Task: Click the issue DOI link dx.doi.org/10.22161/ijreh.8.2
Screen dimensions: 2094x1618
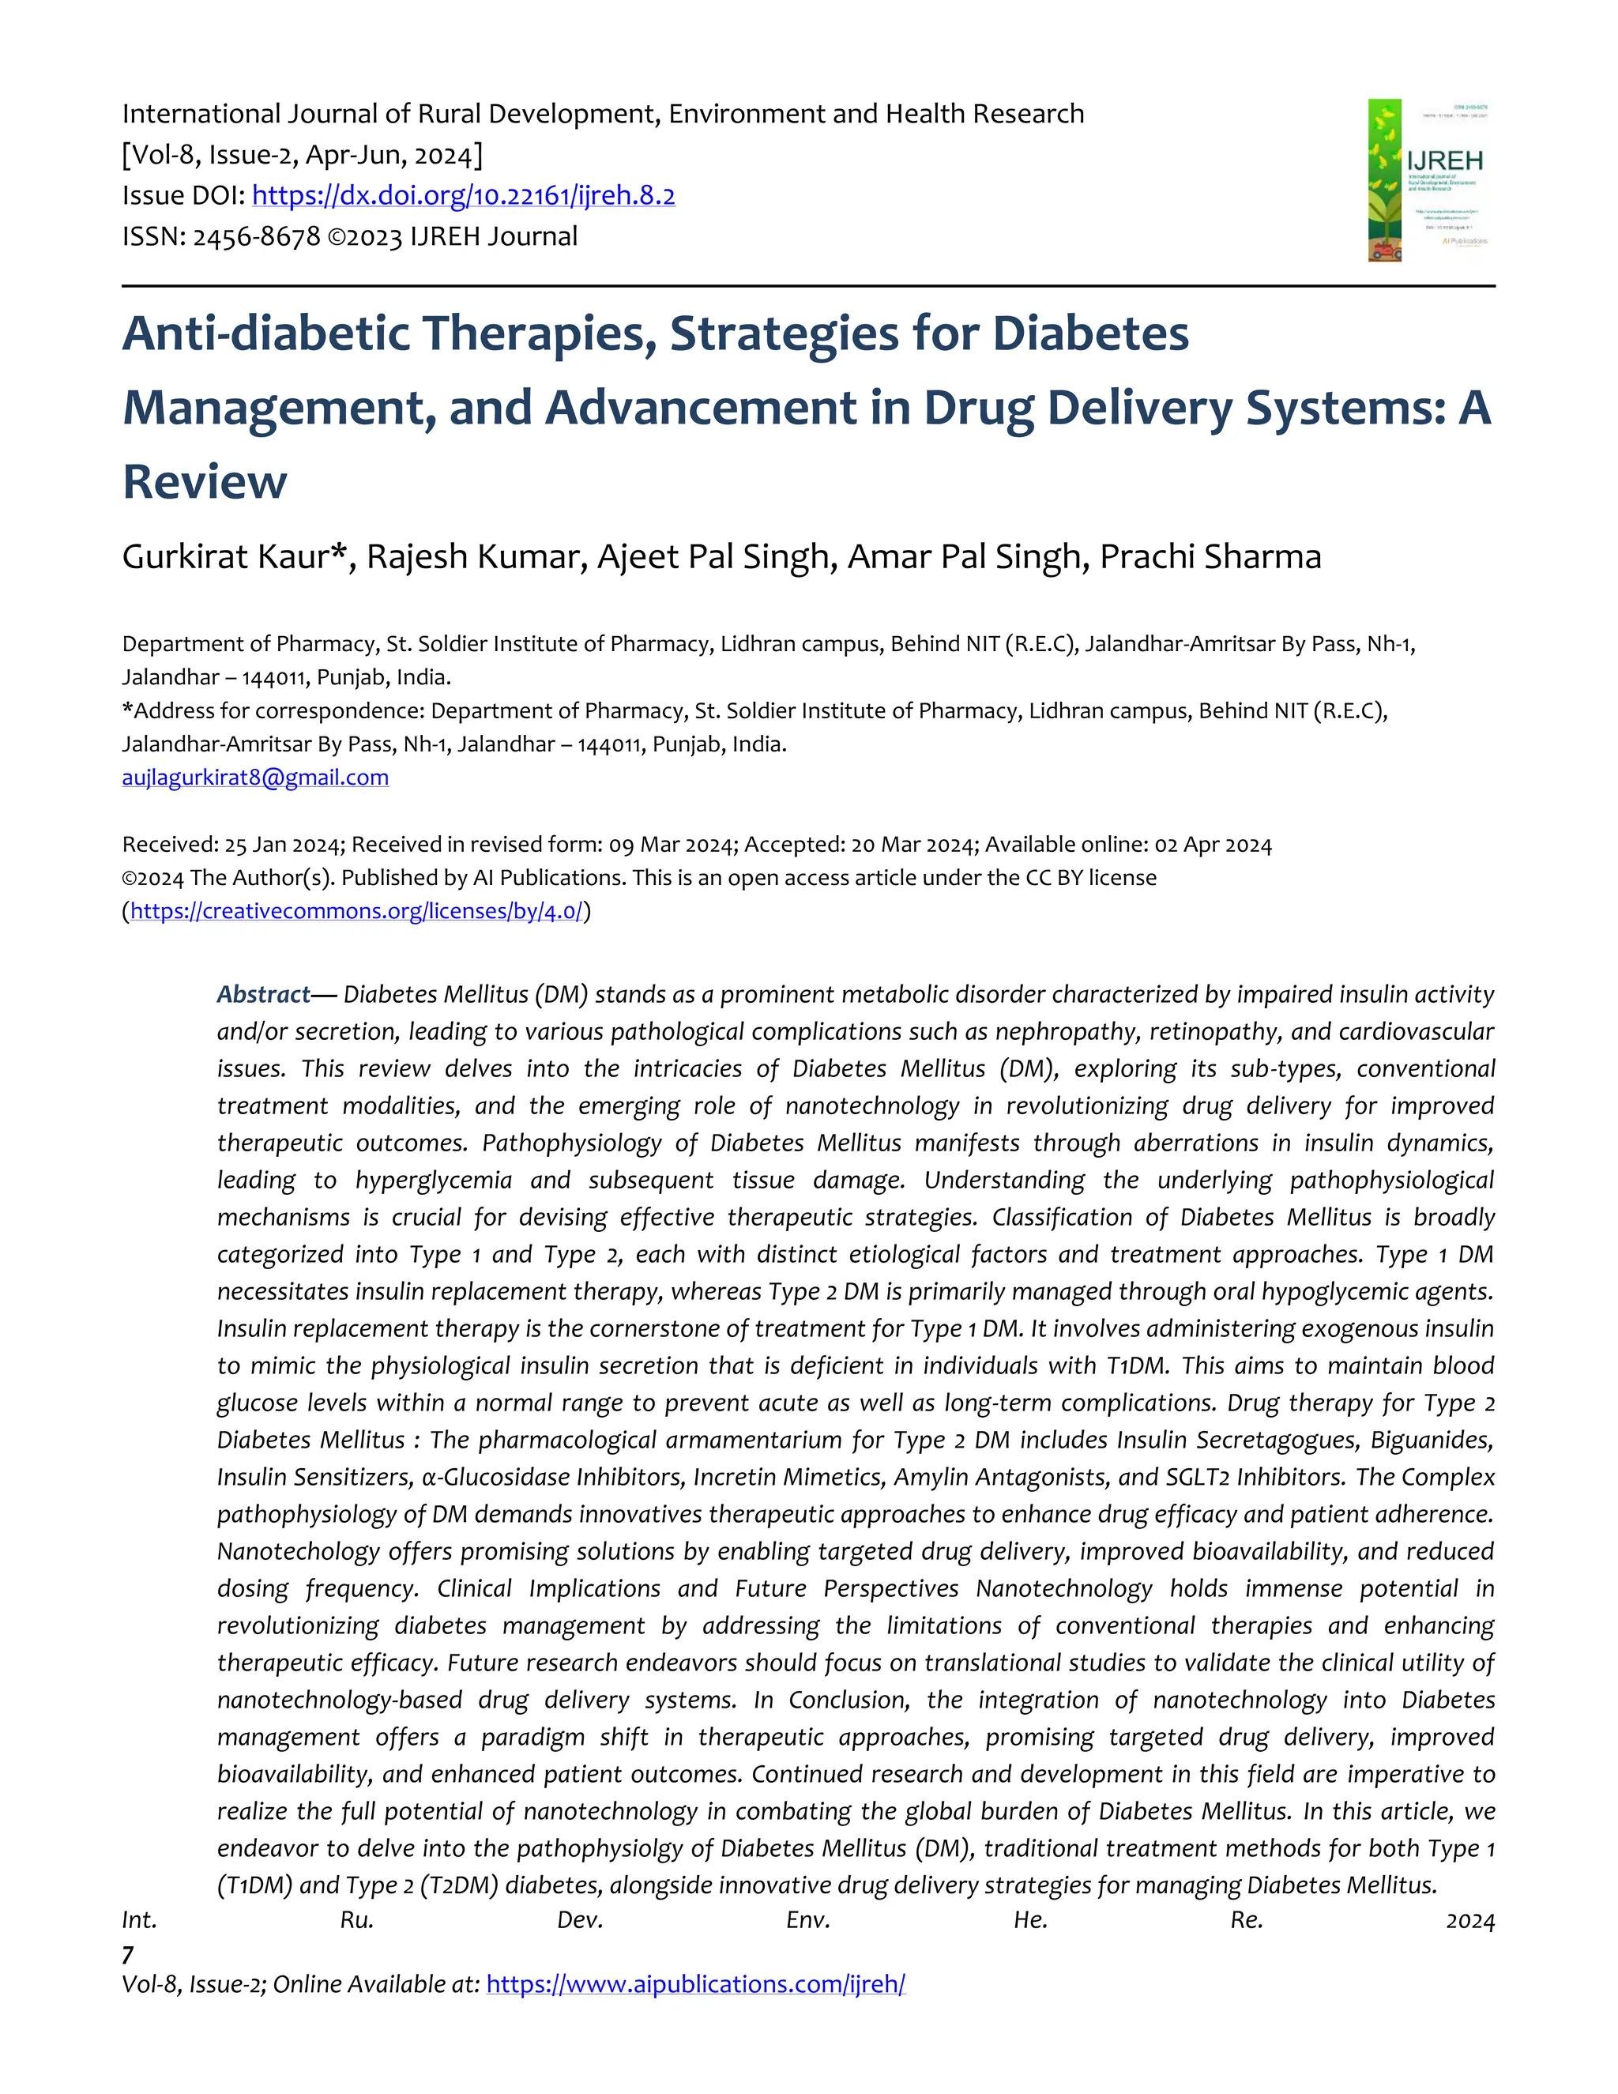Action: click(463, 196)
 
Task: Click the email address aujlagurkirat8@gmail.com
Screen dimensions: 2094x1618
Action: click(255, 778)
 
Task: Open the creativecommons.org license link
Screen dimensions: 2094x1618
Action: click(356, 911)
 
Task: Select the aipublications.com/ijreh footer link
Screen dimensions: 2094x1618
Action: click(695, 1983)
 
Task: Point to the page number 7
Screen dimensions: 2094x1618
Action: click(127, 1954)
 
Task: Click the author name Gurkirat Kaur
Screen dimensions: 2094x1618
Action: click(225, 556)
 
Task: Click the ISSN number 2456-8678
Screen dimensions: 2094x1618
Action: click(256, 237)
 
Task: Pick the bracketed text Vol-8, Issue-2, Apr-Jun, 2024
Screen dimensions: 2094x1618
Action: click(302, 154)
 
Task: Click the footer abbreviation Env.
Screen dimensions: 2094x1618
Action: click(807, 1920)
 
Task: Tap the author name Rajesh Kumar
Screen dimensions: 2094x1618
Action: click(476, 556)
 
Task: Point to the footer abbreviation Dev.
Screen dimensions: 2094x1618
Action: click(579, 1920)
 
